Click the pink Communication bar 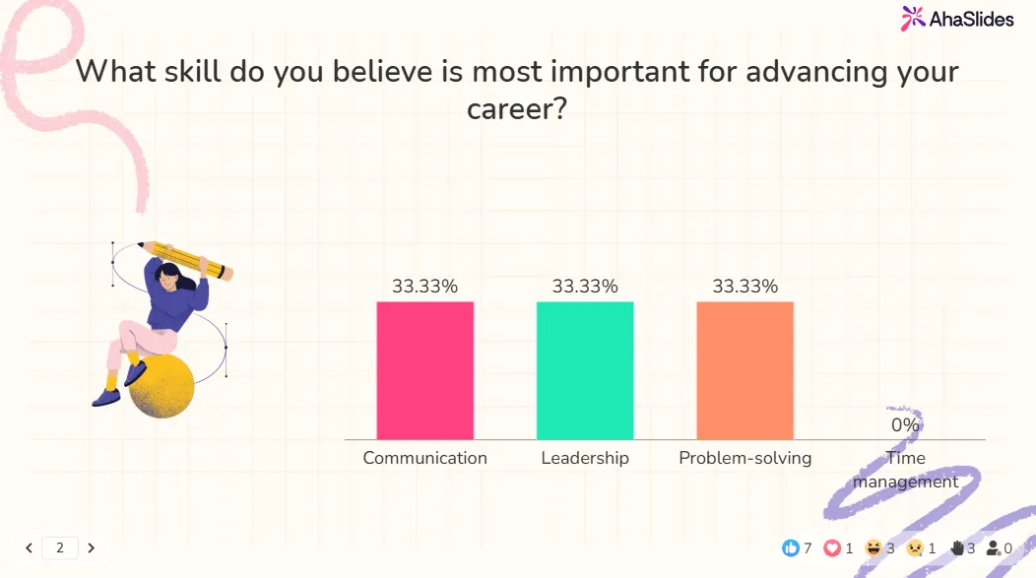tap(424, 370)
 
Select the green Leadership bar tap(585, 370)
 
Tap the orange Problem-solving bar tap(745, 370)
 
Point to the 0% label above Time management tap(905, 425)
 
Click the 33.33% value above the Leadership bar tap(585, 287)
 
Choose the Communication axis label tap(424, 458)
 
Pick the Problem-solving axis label tap(745, 458)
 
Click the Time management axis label tap(905, 470)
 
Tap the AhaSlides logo tap(957, 18)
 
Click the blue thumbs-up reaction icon tap(790, 547)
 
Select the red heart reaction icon tap(832, 547)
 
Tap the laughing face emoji tap(873, 547)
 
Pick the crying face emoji tap(915, 547)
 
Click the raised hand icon tap(956, 547)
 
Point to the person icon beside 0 tap(993, 547)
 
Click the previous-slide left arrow tap(30, 547)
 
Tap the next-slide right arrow tap(91, 547)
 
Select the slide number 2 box tap(60, 547)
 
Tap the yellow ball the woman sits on tap(162, 386)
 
